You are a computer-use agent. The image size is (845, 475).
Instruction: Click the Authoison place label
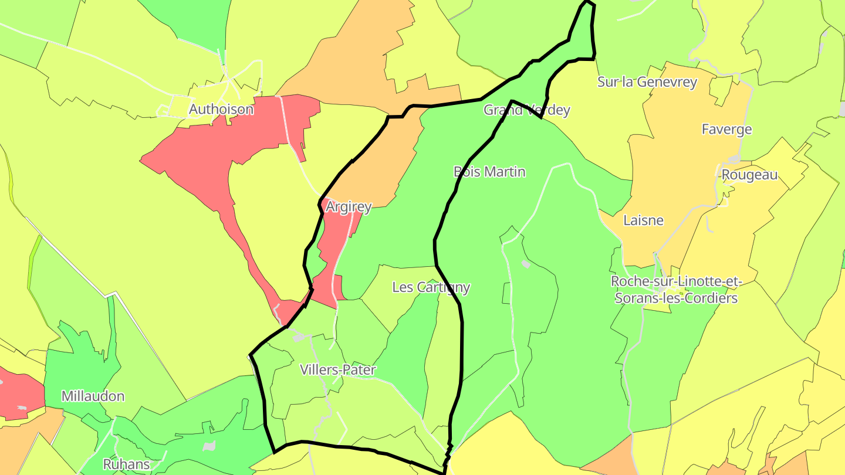[x=221, y=110]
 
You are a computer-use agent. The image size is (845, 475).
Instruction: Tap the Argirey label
[x=349, y=206]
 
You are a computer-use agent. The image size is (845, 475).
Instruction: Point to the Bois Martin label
[x=489, y=172]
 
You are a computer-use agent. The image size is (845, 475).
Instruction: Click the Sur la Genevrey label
[x=647, y=82]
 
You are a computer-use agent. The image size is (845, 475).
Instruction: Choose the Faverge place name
[x=726, y=129]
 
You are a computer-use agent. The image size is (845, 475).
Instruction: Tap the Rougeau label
[x=749, y=175]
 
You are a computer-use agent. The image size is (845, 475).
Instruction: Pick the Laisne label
[x=643, y=220]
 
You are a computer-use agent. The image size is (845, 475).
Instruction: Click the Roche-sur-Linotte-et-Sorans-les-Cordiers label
[x=676, y=290]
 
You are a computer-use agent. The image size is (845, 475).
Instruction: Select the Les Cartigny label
[x=431, y=287]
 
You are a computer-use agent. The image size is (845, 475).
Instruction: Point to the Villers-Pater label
[x=337, y=370]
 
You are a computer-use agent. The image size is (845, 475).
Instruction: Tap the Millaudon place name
[x=93, y=396]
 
